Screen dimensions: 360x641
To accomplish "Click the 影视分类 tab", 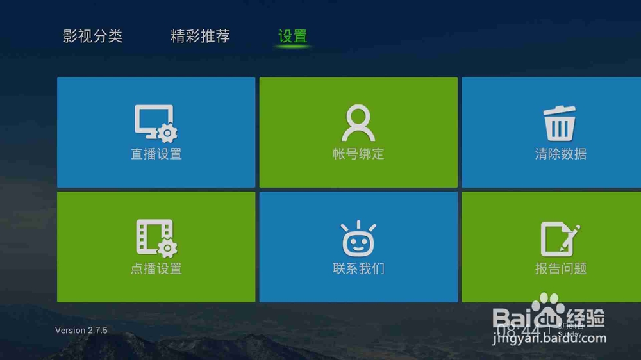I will click(92, 36).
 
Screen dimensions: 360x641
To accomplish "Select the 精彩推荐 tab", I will click(200, 36).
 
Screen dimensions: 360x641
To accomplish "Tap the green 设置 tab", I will click(293, 36).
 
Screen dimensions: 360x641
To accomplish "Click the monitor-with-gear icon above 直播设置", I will click(156, 123).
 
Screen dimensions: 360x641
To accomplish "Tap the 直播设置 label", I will click(156, 154).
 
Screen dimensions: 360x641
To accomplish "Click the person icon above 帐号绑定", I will click(358, 123).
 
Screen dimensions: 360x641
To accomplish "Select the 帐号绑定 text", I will click(358, 154).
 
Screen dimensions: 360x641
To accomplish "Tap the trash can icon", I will click(560, 123).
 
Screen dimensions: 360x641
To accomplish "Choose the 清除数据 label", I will click(561, 154).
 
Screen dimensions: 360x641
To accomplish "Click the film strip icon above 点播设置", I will click(156, 238).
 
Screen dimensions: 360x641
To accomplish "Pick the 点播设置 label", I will click(156, 268).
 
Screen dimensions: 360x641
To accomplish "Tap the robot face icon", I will click(358, 238).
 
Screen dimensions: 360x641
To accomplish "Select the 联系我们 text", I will click(358, 268).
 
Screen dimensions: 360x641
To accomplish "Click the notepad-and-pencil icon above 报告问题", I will click(560, 238).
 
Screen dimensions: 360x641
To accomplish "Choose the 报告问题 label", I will click(561, 268).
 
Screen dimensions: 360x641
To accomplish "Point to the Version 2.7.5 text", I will click(81, 331).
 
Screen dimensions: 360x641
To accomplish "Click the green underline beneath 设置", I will click(293, 47).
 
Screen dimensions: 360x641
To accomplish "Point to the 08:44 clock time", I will click(519, 331).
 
